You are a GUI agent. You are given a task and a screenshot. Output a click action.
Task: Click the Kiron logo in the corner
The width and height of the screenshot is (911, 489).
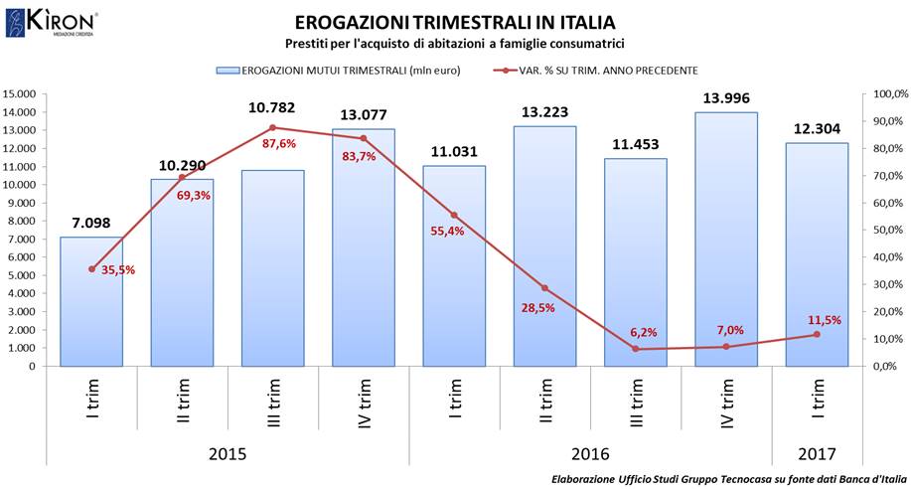pyautogui.click(x=51, y=22)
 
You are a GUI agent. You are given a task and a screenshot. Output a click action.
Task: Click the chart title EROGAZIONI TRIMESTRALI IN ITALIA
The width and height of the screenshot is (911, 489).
pyautogui.click(x=455, y=22)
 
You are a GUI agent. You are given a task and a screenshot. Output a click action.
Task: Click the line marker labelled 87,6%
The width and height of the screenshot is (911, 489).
pyautogui.click(x=272, y=127)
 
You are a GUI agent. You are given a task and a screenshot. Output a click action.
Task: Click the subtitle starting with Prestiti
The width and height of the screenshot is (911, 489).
pyautogui.click(x=453, y=45)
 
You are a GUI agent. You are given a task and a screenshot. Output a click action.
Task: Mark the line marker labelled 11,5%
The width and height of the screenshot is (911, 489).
pyautogui.click(x=817, y=334)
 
